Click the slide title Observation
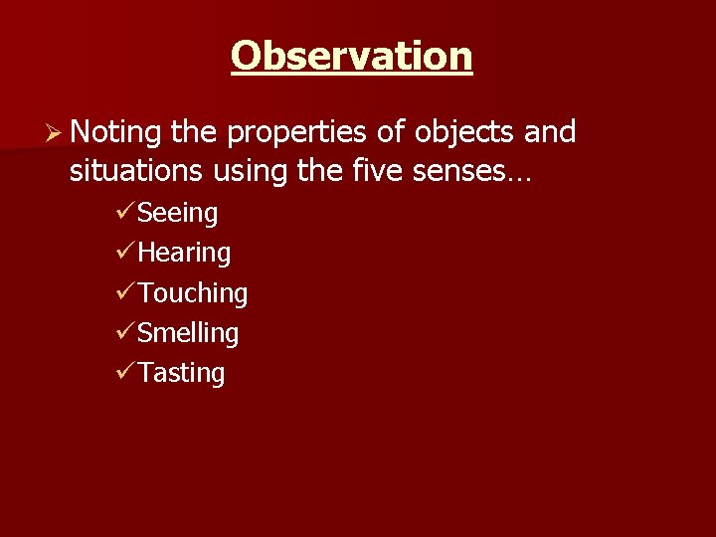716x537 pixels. pyautogui.click(x=351, y=56)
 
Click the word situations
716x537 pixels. pyautogui.click(x=136, y=173)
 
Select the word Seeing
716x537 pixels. pyautogui.click(x=178, y=214)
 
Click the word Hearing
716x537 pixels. pyautogui.click(x=185, y=254)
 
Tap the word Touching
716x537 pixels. pyautogui.click(x=193, y=293)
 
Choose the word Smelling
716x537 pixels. pyautogui.click(x=189, y=333)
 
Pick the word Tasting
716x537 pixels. pyautogui.click(x=182, y=373)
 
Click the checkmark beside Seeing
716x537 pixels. pyautogui.click(x=125, y=212)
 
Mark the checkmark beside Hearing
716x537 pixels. pyautogui.click(x=125, y=252)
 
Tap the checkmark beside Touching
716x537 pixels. pyautogui.click(x=125, y=291)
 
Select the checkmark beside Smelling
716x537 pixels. pyautogui.click(x=125, y=331)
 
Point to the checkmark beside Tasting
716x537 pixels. pyautogui.click(x=125, y=371)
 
